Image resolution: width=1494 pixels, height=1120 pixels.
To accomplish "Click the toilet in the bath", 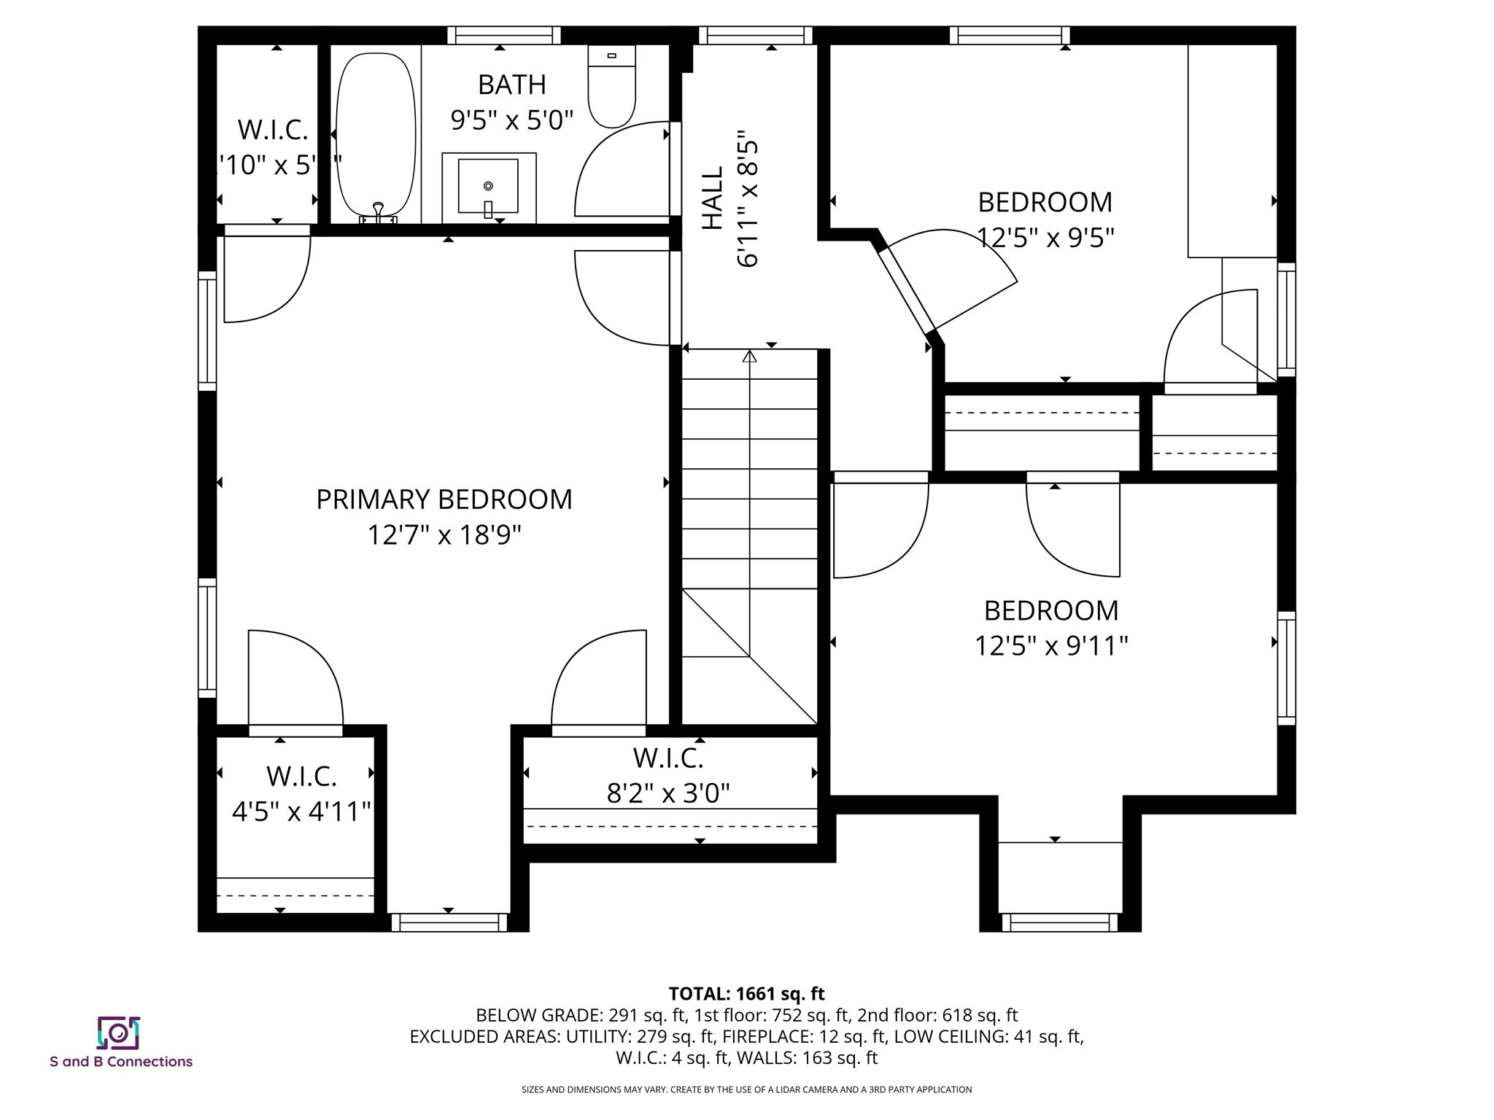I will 611,87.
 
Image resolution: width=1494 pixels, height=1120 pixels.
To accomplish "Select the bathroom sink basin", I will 488,187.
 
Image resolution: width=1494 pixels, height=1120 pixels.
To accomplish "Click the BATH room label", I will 511,85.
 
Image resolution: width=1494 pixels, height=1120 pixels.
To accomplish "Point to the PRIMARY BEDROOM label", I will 444,500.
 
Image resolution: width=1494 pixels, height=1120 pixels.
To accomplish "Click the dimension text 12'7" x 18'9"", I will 444,536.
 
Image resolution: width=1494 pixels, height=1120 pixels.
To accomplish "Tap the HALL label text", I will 713,198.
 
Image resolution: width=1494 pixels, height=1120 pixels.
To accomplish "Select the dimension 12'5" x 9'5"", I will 1045,238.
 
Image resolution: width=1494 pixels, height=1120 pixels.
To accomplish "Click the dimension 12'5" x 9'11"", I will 1051,646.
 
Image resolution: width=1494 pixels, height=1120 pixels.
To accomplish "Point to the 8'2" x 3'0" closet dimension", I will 668,793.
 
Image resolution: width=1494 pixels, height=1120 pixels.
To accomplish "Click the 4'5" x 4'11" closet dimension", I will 301,812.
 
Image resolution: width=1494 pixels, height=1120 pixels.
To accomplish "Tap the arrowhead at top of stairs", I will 749,357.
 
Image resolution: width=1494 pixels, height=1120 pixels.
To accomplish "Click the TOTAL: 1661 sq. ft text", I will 746,994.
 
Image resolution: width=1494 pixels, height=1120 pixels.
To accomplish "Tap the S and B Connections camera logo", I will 118,1032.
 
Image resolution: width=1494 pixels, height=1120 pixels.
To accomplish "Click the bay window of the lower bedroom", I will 1059,922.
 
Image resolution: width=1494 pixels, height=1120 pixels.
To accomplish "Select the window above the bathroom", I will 503,35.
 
